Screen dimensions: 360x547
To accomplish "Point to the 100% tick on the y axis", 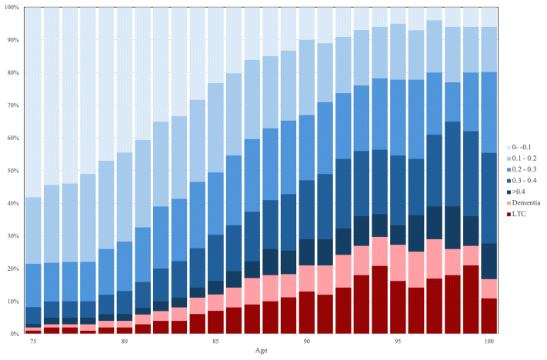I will click(x=11, y=7).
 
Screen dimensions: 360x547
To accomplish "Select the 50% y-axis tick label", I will click(x=12, y=171).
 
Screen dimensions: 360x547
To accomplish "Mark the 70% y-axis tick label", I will click(x=12, y=105).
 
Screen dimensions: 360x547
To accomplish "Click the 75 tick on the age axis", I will click(x=33, y=340).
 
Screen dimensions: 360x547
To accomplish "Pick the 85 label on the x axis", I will click(x=215, y=340).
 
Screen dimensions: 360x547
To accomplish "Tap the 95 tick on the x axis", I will click(x=398, y=340).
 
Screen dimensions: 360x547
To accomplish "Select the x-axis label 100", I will click(x=489, y=340).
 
